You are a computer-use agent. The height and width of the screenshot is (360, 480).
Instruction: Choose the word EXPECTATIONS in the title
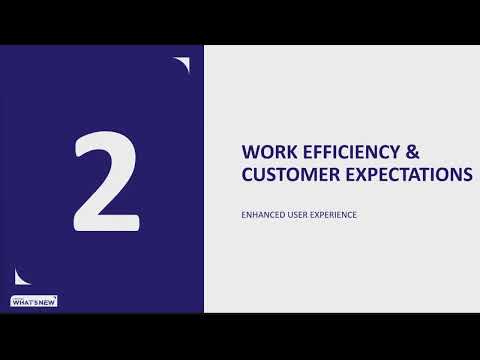[408, 176]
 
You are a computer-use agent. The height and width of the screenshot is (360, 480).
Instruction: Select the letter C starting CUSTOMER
[249, 176]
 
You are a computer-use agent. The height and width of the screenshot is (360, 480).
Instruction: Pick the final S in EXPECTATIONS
[466, 176]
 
